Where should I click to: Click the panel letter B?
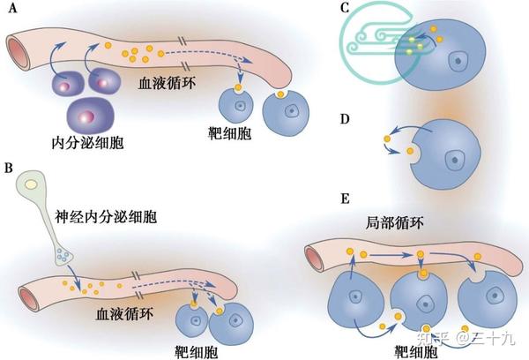pos(9,166)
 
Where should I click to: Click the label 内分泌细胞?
pos(86,140)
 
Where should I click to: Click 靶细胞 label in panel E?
pos(414,350)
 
